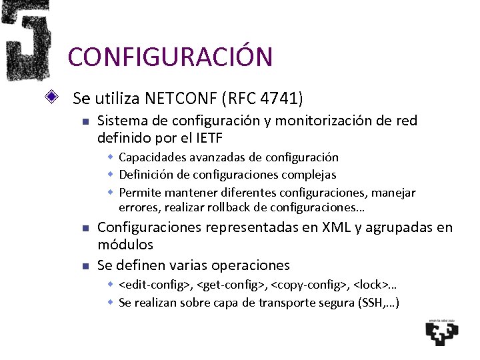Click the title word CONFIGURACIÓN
pyautogui.click(x=170, y=57)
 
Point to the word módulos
pyautogui.click(x=125, y=245)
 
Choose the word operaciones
pyautogui.click(x=251, y=265)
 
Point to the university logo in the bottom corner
pyautogui.click(x=442, y=331)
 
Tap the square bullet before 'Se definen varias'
pyautogui.click(x=85, y=266)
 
